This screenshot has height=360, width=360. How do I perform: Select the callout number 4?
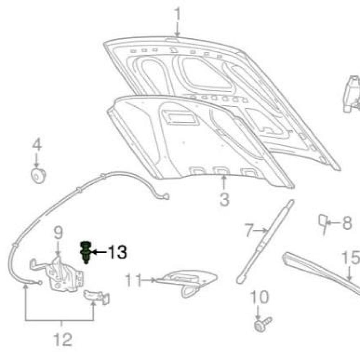37,144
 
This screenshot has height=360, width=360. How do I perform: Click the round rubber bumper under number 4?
38,176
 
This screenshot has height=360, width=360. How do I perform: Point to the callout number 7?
249,230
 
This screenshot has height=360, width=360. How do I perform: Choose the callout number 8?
347,222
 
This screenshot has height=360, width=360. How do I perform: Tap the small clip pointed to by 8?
323,223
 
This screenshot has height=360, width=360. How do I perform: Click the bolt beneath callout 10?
263,324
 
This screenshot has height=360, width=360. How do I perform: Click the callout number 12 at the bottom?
63,339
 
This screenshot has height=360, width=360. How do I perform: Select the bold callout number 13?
117,252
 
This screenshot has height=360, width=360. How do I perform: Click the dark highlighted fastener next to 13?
86,252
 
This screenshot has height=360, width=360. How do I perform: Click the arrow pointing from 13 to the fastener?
99,252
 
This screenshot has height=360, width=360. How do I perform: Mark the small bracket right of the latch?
96,297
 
